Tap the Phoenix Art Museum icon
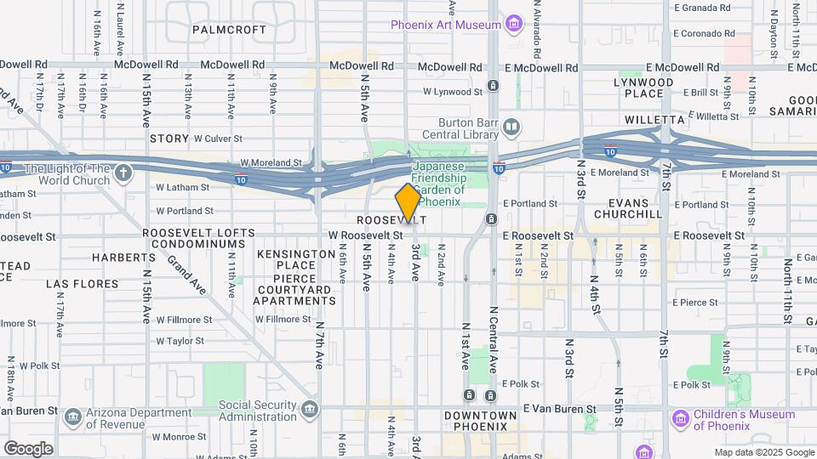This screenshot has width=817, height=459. point(513,24)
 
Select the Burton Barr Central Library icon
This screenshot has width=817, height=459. point(511,128)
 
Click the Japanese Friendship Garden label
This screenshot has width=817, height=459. point(439,184)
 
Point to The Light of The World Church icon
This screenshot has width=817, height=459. point(123,174)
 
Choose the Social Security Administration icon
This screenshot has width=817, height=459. point(309,411)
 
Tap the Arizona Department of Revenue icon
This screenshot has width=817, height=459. point(73,416)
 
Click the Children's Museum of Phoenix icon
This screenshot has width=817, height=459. point(679,419)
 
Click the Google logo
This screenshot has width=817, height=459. point(28,448)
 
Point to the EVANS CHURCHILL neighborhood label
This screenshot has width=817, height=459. point(634,209)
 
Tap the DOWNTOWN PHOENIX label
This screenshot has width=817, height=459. point(480,421)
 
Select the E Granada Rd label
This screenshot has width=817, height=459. point(702,8)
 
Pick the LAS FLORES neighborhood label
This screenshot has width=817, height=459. point(80,284)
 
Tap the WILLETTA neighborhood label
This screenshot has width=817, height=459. point(654,120)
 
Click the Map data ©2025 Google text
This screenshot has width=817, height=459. point(763,452)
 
